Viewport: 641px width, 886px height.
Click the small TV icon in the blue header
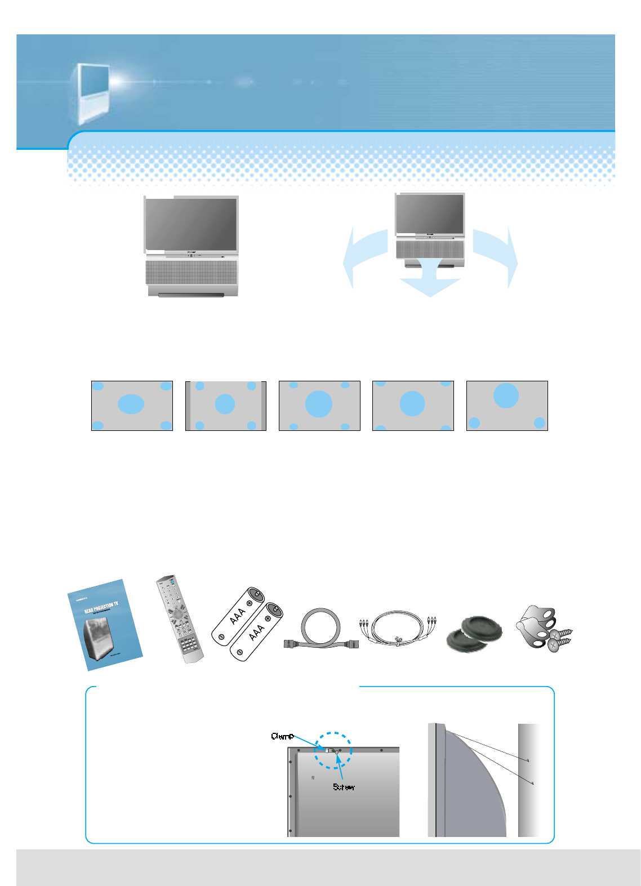click(x=90, y=93)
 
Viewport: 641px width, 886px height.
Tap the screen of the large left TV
click(x=191, y=224)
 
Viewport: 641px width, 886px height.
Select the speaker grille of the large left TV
click(x=191, y=272)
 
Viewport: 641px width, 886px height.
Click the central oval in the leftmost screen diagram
click(x=131, y=404)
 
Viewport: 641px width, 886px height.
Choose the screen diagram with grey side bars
click(x=225, y=406)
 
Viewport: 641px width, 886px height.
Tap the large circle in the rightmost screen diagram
click(x=506, y=395)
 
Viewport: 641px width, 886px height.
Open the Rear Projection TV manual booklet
click(x=104, y=625)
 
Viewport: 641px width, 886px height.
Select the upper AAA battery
click(x=239, y=614)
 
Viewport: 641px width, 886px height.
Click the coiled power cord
click(x=321, y=629)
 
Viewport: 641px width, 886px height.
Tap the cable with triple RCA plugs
click(x=398, y=627)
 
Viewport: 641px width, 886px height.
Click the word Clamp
click(x=282, y=736)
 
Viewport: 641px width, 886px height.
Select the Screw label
click(x=344, y=787)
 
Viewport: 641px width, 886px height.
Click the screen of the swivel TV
click(x=430, y=213)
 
